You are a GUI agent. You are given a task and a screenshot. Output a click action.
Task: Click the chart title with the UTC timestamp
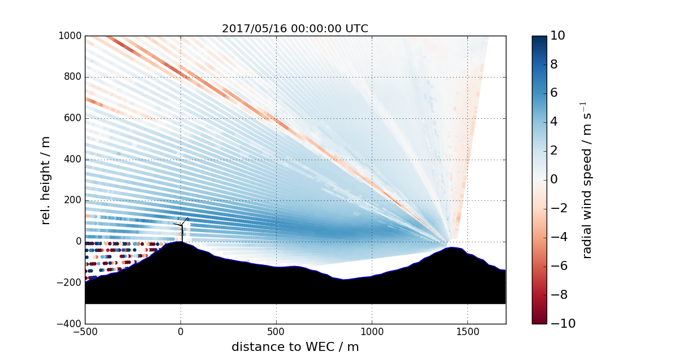click(x=295, y=29)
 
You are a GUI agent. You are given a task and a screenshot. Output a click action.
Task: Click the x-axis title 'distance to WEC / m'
click(x=295, y=347)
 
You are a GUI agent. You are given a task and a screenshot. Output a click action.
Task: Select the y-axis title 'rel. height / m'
click(x=46, y=180)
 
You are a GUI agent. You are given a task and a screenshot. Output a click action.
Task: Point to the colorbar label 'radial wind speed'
click(x=587, y=180)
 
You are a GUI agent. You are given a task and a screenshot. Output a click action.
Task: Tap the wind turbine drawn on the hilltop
click(x=182, y=229)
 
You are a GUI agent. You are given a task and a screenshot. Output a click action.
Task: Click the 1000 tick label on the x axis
click(x=372, y=332)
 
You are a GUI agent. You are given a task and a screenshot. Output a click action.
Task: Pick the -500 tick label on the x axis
click(x=85, y=332)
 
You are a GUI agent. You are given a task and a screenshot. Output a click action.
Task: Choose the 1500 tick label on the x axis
click(x=467, y=332)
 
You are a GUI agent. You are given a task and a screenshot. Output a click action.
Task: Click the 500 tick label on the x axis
click(x=276, y=332)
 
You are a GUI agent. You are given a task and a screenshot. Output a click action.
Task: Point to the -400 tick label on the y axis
click(x=71, y=324)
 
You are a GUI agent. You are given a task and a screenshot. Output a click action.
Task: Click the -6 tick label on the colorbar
click(x=558, y=265)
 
